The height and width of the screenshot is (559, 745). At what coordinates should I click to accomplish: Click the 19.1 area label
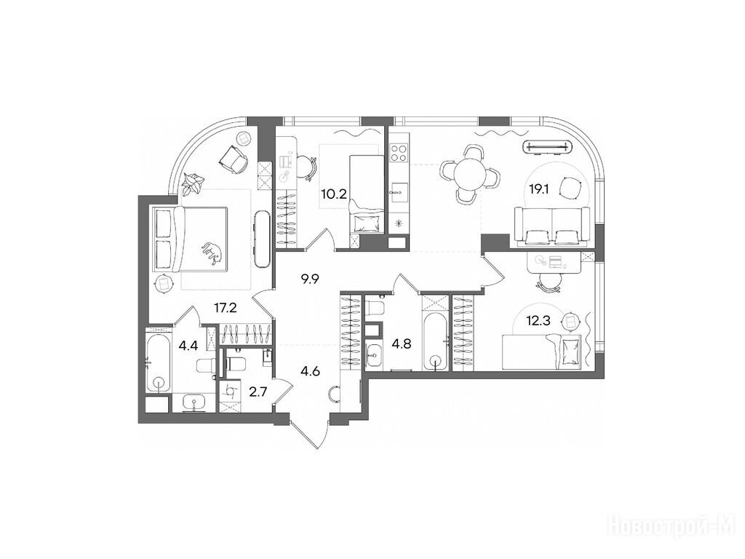click(539, 190)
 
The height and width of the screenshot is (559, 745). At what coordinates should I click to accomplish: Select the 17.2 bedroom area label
click(226, 309)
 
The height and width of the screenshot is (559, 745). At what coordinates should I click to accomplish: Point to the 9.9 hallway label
click(309, 279)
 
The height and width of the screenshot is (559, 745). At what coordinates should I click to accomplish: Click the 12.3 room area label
click(539, 321)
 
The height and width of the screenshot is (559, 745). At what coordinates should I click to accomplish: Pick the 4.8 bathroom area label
click(402, 344)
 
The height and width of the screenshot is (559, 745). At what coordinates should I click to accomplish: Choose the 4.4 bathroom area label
click(188, 346)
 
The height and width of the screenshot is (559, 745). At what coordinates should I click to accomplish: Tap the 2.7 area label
click(258, 392)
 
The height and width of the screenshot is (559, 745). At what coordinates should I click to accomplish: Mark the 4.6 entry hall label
click(310, 370)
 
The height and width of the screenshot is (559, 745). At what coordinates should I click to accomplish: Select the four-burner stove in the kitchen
click(398, 153)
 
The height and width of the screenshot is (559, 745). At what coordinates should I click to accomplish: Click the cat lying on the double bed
click(212, 252)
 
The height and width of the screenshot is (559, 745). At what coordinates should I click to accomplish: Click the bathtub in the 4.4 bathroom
click(158, 364)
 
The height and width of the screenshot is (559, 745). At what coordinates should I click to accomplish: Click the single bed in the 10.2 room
click(367, 194)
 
